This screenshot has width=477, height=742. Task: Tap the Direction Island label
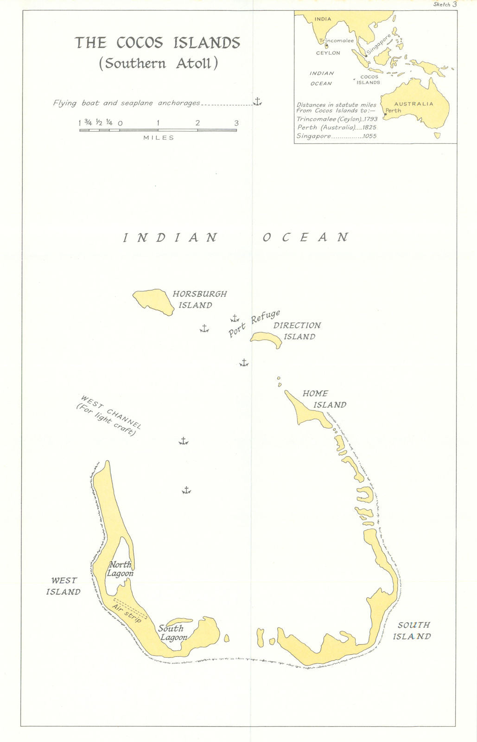click(297, 331)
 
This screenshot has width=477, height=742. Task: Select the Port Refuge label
click(254, 324)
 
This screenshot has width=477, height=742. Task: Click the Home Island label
click(324, 399)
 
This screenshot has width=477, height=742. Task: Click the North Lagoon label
click(120, 569)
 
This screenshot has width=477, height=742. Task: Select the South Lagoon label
click(172, 633)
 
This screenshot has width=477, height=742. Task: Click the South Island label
click(412, 631)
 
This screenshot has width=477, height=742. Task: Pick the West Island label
click(64, 586)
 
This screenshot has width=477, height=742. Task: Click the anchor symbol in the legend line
click(257, 102)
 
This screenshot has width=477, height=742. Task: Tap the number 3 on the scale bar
click(236, 123)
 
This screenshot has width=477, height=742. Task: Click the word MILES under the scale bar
click(159, 138)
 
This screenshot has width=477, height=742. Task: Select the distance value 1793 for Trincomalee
click(370, 119)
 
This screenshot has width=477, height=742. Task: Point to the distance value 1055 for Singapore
click(370, 136)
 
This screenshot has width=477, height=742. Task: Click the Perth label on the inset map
click(394, 111)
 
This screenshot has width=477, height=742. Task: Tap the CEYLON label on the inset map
click(328, 53)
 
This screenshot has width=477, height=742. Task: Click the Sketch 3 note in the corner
click(445, 4)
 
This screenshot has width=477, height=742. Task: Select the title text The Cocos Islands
click(158, 43)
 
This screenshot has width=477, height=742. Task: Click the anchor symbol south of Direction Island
click(244, 363)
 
